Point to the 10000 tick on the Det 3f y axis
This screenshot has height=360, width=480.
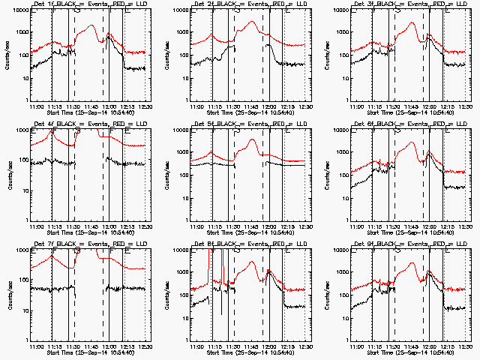[x=345, y=11]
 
